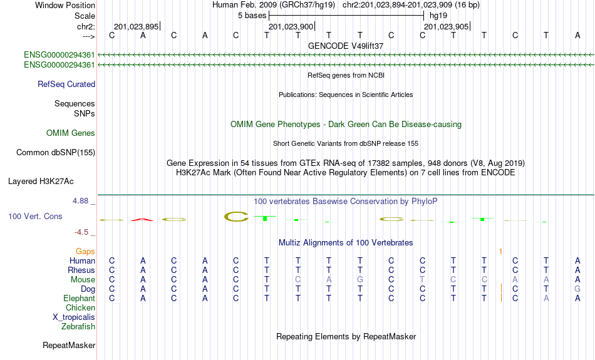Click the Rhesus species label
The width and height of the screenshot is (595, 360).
(81, 270)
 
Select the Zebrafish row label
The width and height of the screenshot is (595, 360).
(78, 326)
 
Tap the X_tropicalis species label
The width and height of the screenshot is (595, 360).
(74, 317)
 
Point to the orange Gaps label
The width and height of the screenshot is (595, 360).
(85, 251)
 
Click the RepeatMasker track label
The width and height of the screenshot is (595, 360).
(69, 345)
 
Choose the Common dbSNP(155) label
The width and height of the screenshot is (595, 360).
(55, 153)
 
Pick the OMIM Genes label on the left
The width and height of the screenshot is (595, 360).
(71, 133)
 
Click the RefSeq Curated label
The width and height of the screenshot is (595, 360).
(66, 85)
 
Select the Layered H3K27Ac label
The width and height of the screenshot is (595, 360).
(41, 182)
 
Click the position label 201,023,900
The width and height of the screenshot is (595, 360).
(291, 26)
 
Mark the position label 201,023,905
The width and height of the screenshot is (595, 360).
(446, 26)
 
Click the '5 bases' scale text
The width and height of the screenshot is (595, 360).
(252, 16)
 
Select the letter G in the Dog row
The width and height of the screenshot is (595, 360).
(577, 289)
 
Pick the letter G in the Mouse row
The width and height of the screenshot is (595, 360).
(360, 280)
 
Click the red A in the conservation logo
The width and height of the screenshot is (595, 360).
(142, 219)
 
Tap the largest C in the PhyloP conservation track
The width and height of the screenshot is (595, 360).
(236, 217)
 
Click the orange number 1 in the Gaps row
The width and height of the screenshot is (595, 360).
(500, 252)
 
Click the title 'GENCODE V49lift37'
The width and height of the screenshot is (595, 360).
(346, 46)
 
